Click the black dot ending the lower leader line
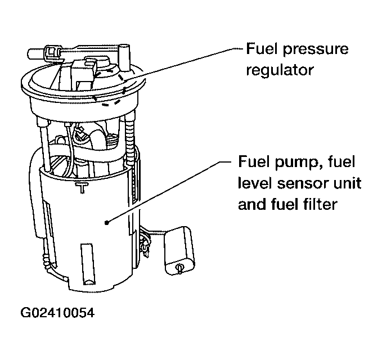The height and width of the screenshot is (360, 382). (x=106, y=223)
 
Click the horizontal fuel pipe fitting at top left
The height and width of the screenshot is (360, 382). (x=45, y=52)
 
